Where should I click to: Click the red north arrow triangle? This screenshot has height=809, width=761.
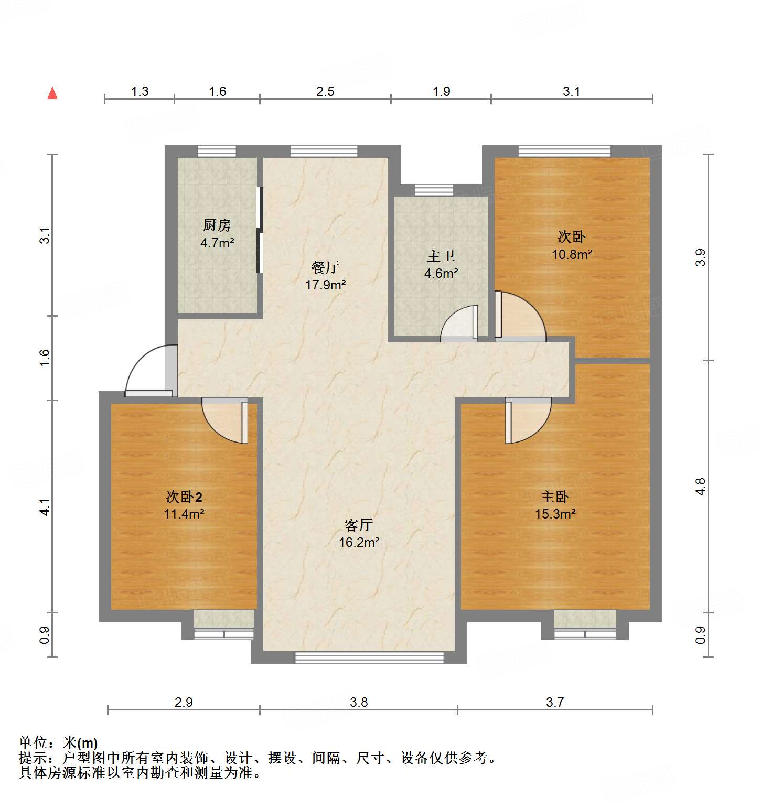pos(52,93)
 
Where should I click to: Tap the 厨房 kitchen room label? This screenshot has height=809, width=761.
pos(217,225)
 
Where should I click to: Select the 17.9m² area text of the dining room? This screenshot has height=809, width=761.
pos(325,285)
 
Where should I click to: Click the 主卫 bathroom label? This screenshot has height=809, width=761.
pos(441,256)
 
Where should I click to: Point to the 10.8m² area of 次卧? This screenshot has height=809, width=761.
pos(572,254)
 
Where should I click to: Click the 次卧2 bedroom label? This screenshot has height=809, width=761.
pos(184,497)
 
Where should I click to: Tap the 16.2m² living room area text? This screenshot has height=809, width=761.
pos(359,542)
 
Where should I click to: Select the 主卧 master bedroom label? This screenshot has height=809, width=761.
pos(555,497)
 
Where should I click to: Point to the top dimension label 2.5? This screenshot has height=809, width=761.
pos(325,91)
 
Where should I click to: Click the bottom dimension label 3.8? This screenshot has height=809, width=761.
pos(359,702)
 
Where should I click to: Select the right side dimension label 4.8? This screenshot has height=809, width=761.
pos(701,487)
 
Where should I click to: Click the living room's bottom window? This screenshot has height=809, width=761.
pos(369,657)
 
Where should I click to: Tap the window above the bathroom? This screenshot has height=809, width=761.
pos(434,190)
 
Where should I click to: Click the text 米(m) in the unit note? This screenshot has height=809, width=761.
pos(80,742)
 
